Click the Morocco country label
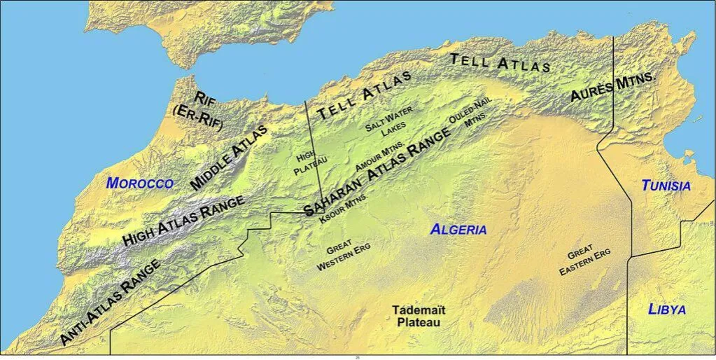(139, 184)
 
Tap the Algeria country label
(458, 229)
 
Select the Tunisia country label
(666, 186)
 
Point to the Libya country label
(666, 309)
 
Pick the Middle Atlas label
(228, 158)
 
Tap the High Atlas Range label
(183, 220)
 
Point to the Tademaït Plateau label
(419, 316)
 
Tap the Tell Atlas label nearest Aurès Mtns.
(500, 64)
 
